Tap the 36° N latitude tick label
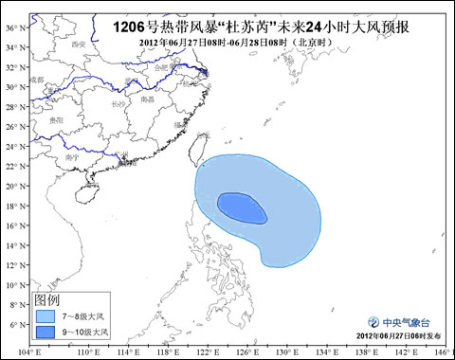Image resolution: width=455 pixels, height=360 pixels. coord(11,27)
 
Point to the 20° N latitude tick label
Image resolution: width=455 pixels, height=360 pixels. coord(11,186)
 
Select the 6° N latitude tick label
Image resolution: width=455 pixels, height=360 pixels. coord(11,325)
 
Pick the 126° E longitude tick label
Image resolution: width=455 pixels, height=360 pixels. coord(238,351)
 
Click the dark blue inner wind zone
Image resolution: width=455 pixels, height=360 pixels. coord(242,208)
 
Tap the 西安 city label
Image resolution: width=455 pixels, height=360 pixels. coord(78,44)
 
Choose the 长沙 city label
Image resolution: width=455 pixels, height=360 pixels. coord(117,103)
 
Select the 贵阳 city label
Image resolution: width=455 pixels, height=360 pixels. coord(57,120)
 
